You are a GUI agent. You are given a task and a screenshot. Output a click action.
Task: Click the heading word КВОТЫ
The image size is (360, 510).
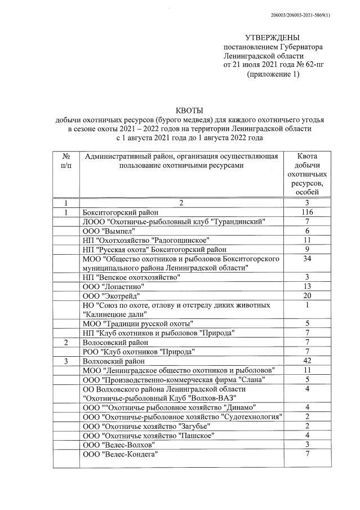(189, 111)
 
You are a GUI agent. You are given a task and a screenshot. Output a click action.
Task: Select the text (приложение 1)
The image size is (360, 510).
(273, 75)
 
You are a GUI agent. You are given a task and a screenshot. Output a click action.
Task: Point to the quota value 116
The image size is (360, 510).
(307, 212)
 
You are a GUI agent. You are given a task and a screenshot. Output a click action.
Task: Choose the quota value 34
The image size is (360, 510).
(307, 259)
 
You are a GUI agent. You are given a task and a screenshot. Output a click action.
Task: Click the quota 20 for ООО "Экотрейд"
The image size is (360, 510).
(307, 296)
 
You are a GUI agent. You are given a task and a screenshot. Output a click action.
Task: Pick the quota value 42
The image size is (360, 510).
(307, 361)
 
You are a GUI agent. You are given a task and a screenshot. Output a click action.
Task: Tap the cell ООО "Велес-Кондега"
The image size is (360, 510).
(120, 454)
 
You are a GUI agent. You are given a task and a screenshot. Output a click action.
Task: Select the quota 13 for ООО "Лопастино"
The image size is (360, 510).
(307, 286)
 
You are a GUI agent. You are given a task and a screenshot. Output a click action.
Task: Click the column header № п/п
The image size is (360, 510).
(66, 161)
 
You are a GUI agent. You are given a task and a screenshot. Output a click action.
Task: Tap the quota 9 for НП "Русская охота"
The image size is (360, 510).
(307, 249)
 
